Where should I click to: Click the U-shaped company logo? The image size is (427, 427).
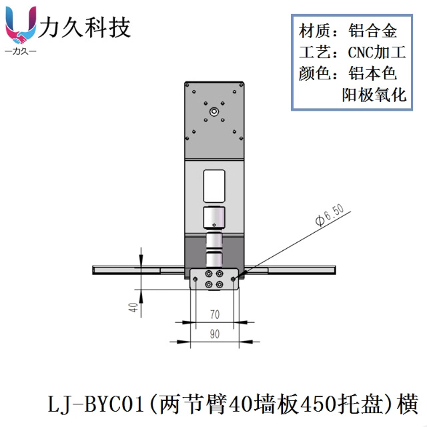(x=21, y=25)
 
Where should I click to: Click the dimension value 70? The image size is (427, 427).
(x=214, y=313)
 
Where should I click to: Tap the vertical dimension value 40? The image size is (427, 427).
(x=133, y=308)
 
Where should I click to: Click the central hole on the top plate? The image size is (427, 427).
(x=213, y=112)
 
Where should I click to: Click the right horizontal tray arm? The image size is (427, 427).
(x=294, y=270)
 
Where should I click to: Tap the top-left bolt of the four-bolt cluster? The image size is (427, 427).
(x=209, y=274)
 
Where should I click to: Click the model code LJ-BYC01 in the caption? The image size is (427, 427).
(x=97, y=404)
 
